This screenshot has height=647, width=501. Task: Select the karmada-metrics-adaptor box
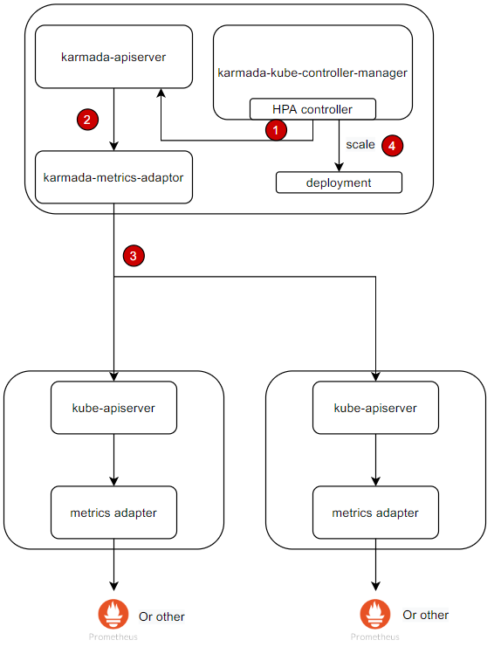(113, 177)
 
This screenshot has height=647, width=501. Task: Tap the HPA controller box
(312, 110)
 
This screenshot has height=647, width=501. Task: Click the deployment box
(339, 182)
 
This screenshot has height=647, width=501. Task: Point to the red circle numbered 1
(276, 130)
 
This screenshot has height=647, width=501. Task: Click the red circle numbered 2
(87, 120)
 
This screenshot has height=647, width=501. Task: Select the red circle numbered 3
(133, 256)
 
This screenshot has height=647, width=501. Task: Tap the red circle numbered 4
(392, 146)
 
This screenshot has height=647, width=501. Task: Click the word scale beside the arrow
(360, 145)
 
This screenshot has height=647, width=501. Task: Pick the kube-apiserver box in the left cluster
(113, 408)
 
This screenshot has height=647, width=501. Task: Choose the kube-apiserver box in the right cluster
(375, 408)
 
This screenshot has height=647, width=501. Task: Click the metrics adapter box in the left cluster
(113, 513)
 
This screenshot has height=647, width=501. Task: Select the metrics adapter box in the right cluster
(375, 513)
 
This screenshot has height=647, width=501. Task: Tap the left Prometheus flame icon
(113, 613)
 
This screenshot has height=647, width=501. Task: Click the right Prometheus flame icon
(375, 613)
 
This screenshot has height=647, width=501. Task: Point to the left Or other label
(161, 616)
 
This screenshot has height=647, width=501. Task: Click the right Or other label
(425, 615)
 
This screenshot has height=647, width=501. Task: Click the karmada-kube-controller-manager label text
(312, 72)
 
